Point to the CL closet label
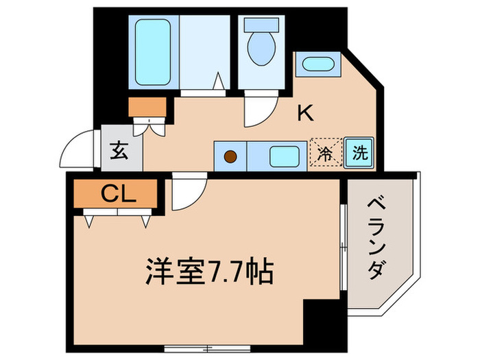click(x=119, y=194)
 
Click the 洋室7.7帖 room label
click(x=209, y=272)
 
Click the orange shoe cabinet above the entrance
click(x=147, y=107)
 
